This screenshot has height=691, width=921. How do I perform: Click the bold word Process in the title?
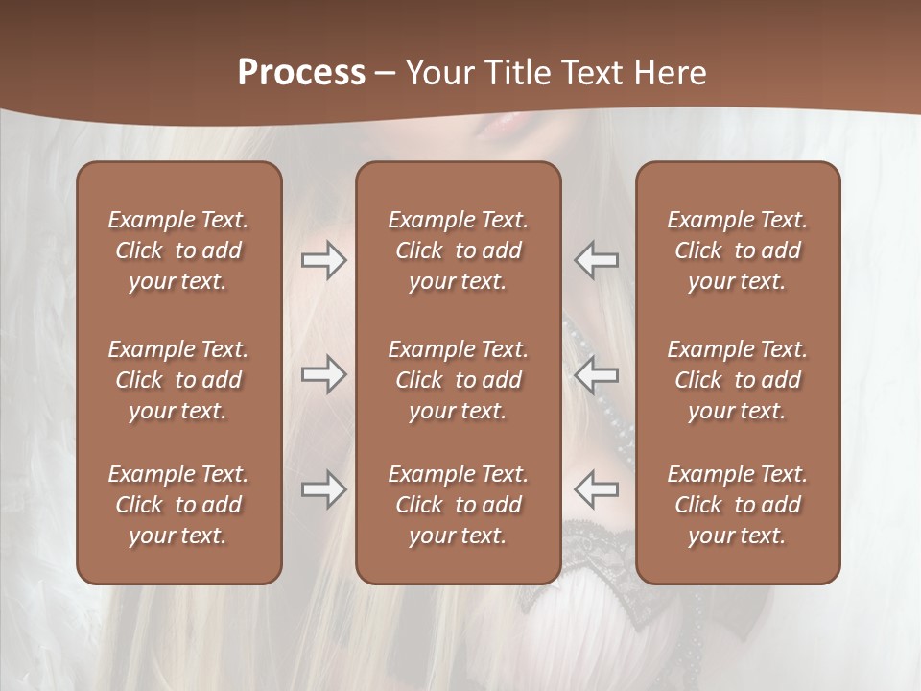point(301,73)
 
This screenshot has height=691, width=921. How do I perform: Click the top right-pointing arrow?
point(324,260)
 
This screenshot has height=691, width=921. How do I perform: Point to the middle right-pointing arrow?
point(324,374)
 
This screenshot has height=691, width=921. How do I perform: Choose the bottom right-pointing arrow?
point(324,489)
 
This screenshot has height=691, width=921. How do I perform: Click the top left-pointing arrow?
point(596,260)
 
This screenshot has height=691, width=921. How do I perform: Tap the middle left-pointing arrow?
point(596,374)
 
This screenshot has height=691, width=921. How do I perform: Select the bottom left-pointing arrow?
point(596,489)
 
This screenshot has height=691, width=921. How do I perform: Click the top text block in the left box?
point(178,250)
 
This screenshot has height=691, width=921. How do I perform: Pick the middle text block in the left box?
point(178,380)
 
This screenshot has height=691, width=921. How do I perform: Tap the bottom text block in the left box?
point(178,505)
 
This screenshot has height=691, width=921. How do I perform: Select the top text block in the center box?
point(458,250)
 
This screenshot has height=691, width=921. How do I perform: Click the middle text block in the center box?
point(458,380)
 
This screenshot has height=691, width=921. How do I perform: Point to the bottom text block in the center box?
point(458,505)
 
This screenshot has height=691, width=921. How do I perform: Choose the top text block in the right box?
point(737,250)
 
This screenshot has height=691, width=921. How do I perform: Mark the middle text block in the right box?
point(737,380)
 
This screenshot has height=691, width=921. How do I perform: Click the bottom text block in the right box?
point(737,505)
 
